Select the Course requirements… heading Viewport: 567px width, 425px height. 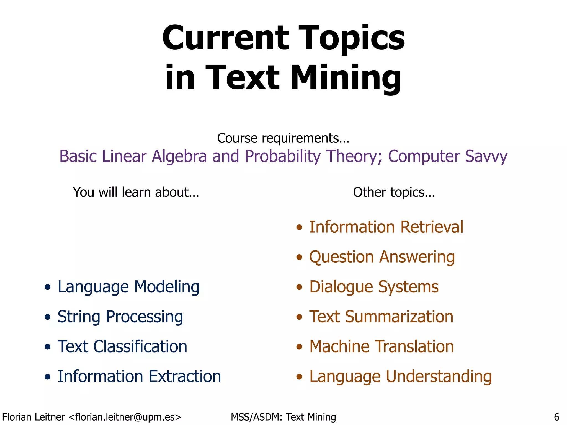283,138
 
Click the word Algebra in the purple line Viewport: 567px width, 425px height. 179,156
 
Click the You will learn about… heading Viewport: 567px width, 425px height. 136,192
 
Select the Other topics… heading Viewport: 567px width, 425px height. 394,192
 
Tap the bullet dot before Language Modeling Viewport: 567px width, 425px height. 48,287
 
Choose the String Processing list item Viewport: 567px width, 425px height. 120,317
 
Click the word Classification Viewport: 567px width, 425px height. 140,346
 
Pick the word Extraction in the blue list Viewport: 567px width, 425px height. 185,376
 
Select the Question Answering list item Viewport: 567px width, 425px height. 382,257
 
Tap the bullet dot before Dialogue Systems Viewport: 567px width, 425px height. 299,287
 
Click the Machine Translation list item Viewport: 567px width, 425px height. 381,346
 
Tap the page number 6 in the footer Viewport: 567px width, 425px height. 556,417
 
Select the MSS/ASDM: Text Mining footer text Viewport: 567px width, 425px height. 283,417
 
